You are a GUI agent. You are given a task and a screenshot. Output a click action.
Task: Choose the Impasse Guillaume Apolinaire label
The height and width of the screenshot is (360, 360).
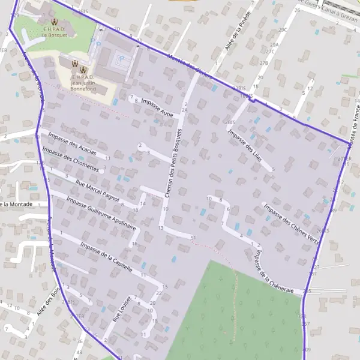pyautogui.click(x=101, y=213)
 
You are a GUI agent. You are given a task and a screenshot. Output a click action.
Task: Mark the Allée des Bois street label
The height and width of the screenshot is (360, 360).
pyautogui.click(x=49, y=302)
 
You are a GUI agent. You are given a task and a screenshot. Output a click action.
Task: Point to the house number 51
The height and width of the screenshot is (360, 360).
pyautogui.click(x=193, y=238)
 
